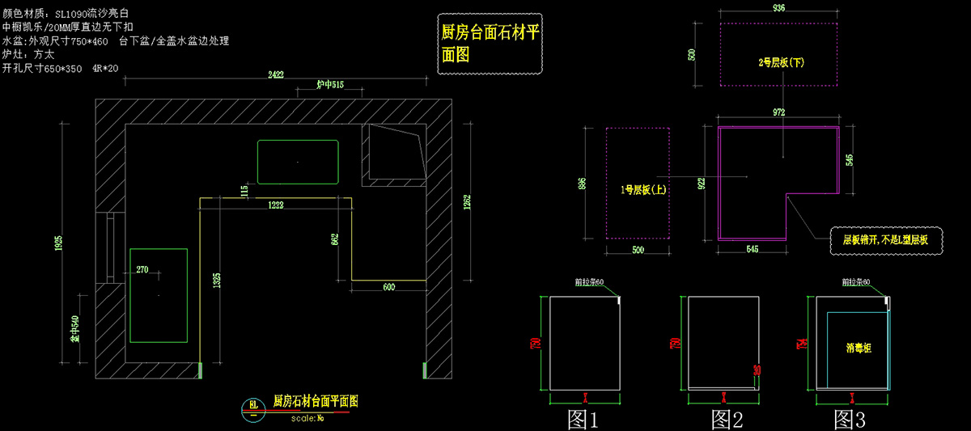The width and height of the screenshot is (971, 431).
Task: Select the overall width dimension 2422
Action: [x=276, y=74]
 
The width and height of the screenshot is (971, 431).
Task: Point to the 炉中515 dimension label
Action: [x=330, y=85]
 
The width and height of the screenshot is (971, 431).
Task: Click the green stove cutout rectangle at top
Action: [x=298, y=162]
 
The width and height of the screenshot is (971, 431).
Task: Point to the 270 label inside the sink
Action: [x=142, y=269]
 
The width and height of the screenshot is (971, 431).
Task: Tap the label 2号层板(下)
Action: [x=781, y=61]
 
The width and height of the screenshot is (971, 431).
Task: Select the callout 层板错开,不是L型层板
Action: [x=885, y=240]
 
